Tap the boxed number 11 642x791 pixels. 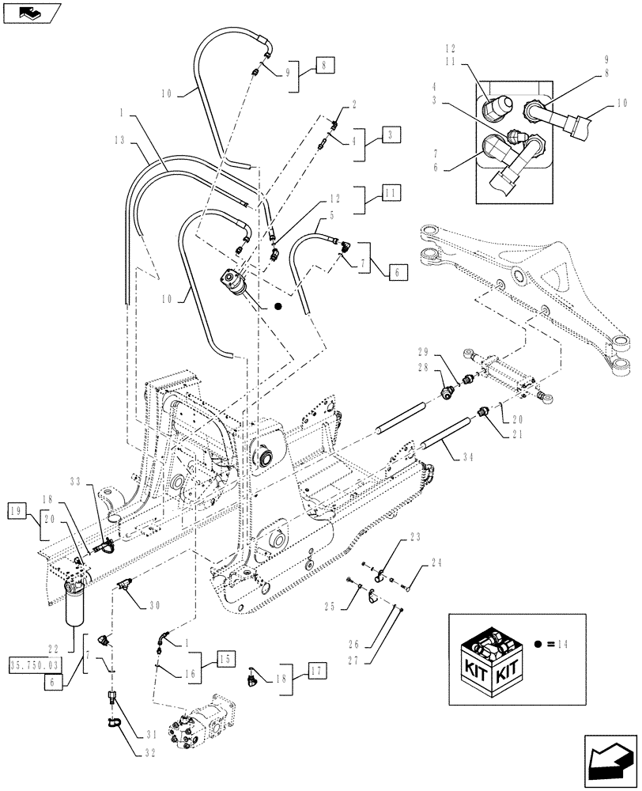coord(390,192)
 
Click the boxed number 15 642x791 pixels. coord(223,658)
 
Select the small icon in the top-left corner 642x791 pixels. coord(29,12)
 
